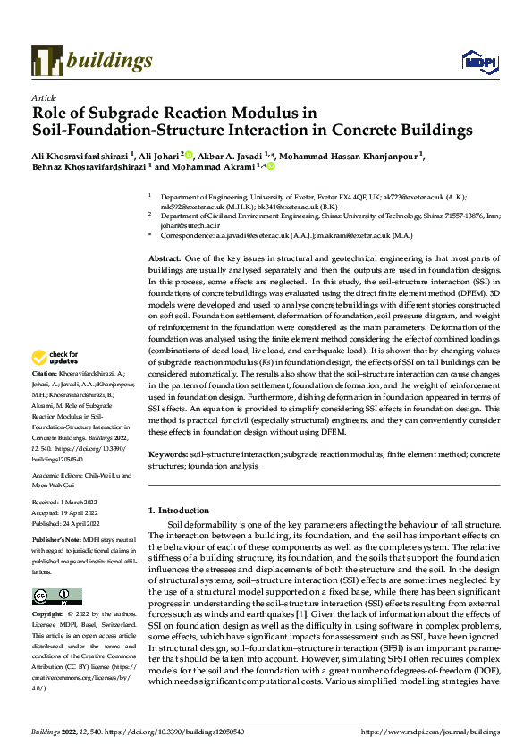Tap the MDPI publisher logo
(x=474, y=61)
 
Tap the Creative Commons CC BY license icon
(x=56, y=596)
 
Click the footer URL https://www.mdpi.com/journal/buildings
(x=429, y=730)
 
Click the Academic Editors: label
(x=59, y=477)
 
